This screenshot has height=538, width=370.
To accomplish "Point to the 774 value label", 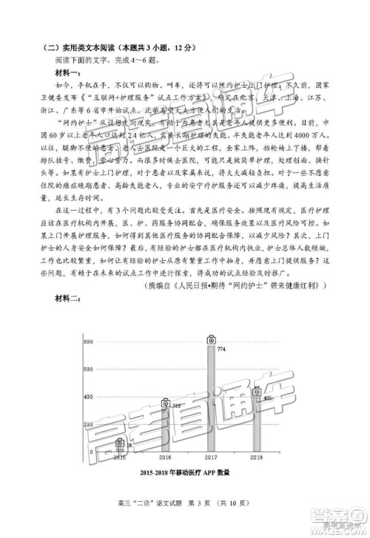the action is click(x=221, y=349).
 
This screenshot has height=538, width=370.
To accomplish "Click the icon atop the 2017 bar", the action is click(x=211, y=339).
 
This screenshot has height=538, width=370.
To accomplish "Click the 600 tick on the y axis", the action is click(x=87, y=371).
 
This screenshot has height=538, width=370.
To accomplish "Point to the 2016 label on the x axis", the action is click(x=166, y=458).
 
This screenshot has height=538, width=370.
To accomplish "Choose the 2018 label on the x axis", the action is click(x=257, y=458).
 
